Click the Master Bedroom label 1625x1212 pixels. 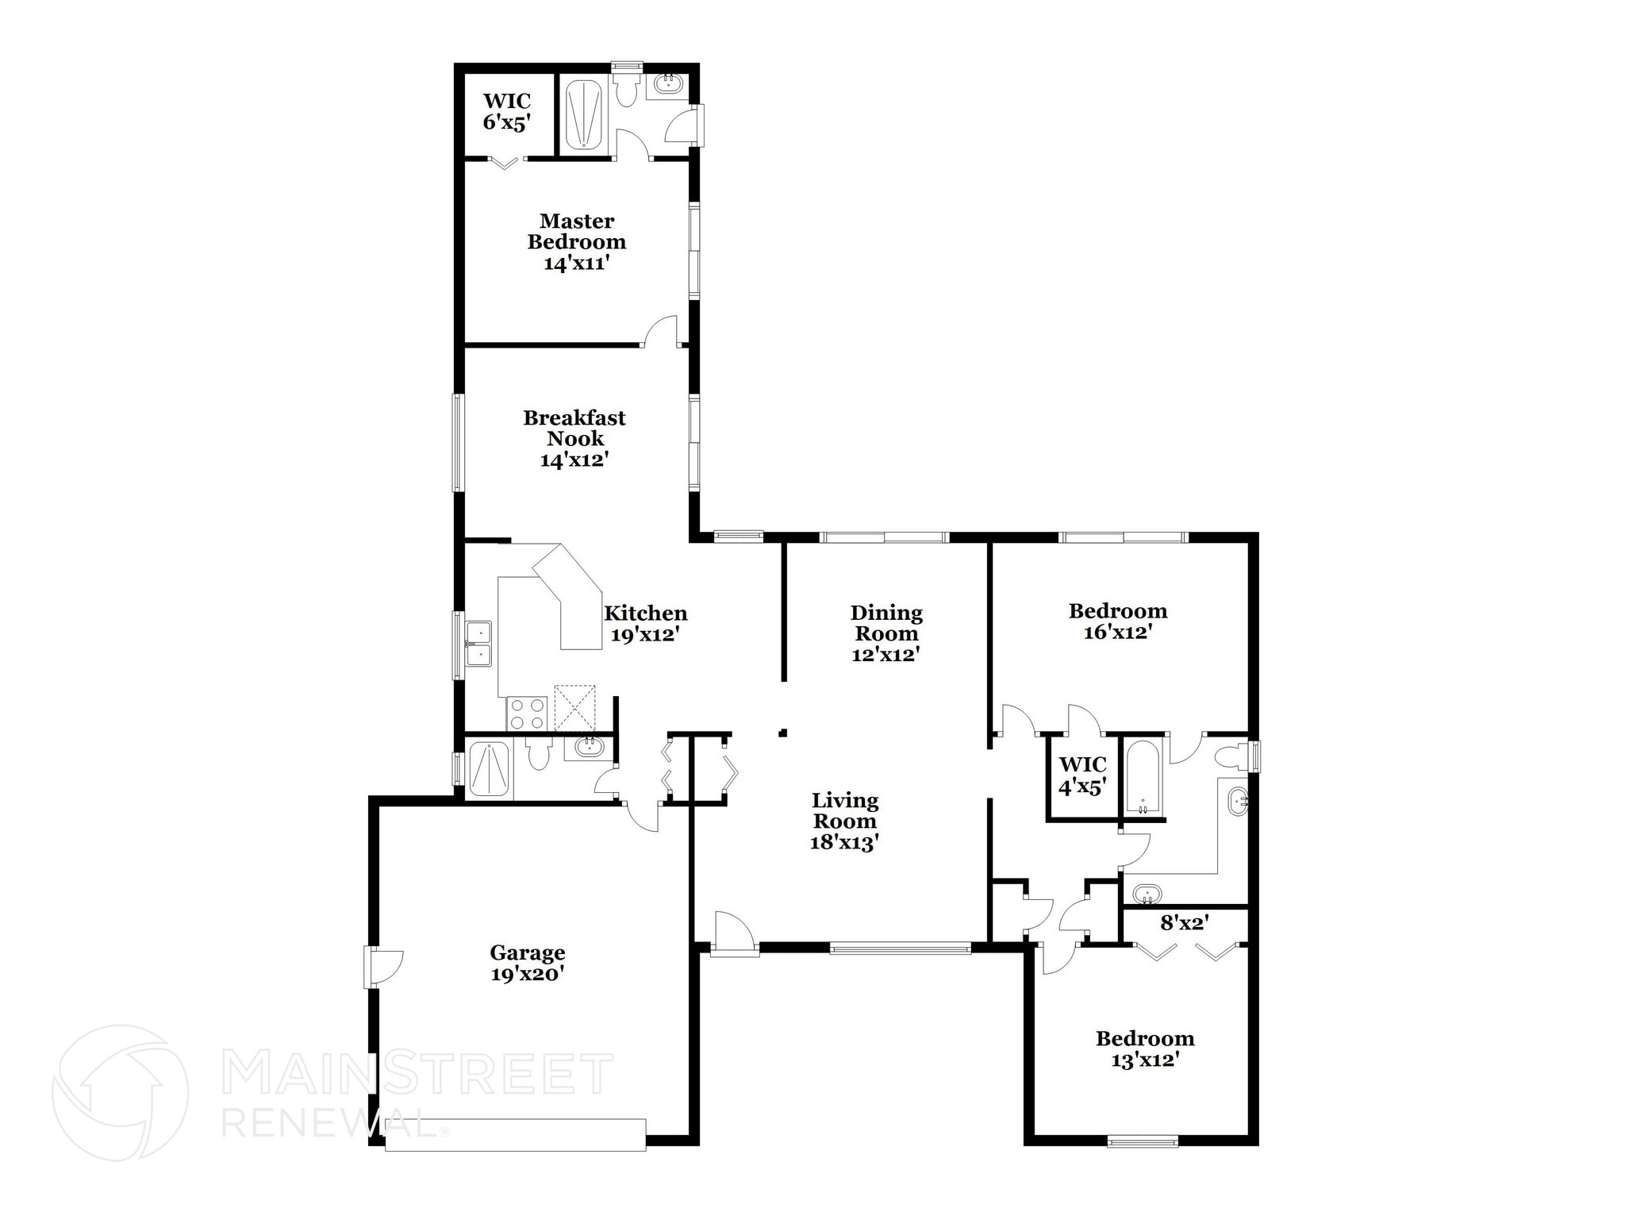(x=577, y=242)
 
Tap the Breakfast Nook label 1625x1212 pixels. (x=574, y=439)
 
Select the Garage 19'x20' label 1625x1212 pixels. (x=527, y=963)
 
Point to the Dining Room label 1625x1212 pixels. (x=885, y=633)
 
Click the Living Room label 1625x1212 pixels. (x=844, y=821)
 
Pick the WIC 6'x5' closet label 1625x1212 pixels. (x=507, y=111)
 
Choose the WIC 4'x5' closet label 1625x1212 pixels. (x=1082, y=775)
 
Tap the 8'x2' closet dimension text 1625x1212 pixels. (x=1184, y=923)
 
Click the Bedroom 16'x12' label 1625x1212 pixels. (x=1117, y=621)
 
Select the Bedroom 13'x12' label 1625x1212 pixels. (x=1144, y=1048)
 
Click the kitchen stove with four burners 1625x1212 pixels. (x=527, y=713)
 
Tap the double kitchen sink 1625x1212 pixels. (x=478, y=643)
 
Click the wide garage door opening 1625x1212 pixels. (x=515, y=1135)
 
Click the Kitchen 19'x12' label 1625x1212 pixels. (x=645, y=623)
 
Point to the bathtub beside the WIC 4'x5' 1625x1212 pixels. (x=1143, y=776)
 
